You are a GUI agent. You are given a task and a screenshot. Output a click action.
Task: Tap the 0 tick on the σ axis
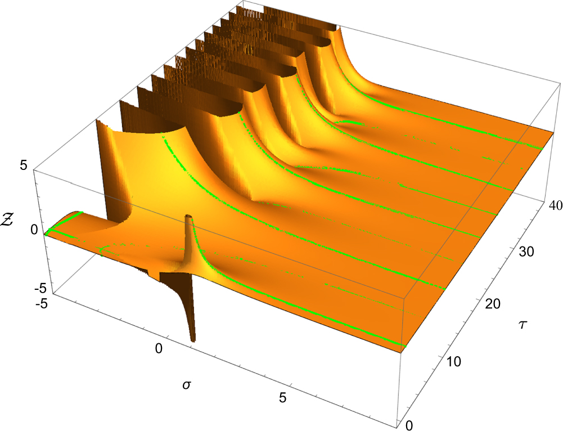click(160, 349)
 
